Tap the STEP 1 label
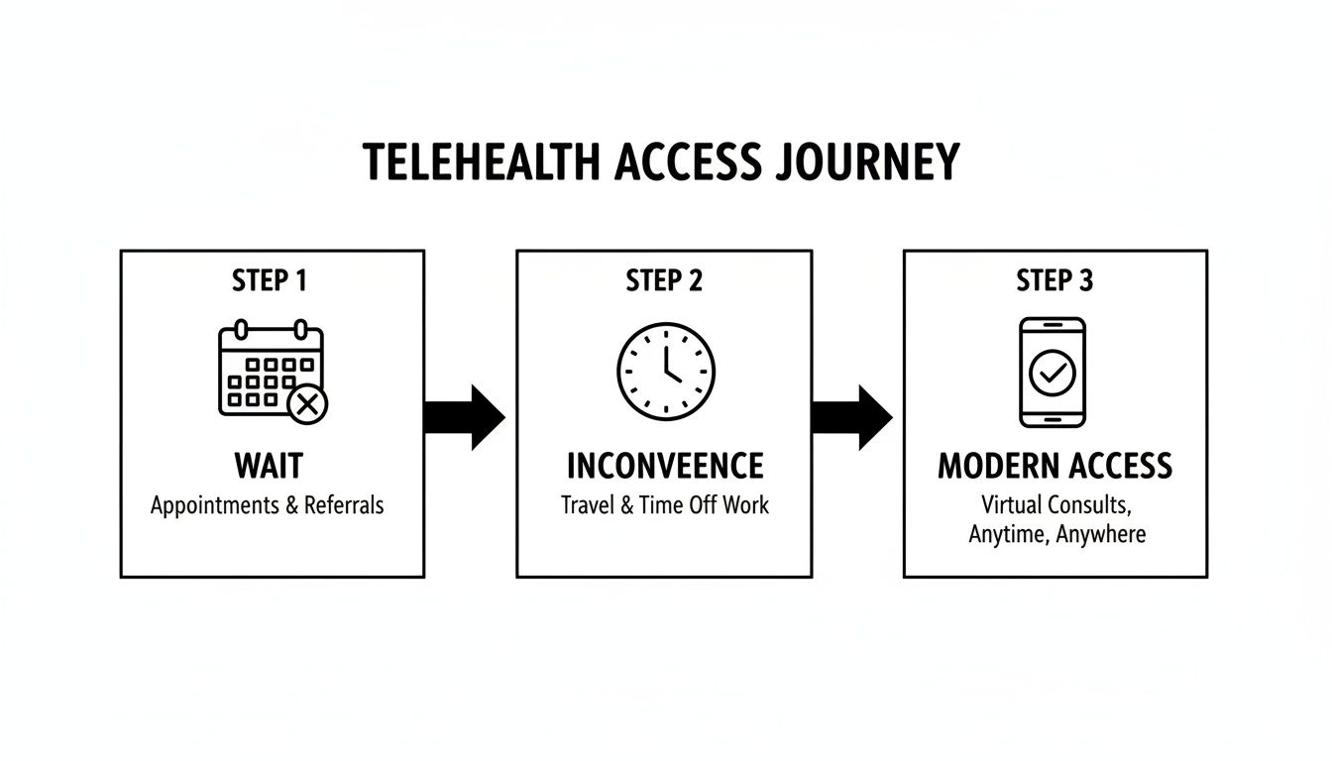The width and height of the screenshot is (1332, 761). coord(270,280)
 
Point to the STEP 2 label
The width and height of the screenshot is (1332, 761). coord(664,280)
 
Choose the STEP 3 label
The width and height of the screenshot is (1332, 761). coord(1054,280)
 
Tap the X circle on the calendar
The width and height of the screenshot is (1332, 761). coord(307,403)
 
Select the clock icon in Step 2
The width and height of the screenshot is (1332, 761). coord(665,372)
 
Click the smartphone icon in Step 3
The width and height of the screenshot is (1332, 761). coord(1053,373)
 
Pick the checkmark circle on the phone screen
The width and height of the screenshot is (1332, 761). coord(1053,373)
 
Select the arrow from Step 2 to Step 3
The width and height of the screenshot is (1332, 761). coord(851,417)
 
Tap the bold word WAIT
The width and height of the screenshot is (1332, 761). coord(269,466)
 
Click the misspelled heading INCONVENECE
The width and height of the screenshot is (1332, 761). coord(665,466)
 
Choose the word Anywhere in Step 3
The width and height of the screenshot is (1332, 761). coord(1101,535)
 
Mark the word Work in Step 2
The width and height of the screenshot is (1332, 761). coord(745,505)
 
